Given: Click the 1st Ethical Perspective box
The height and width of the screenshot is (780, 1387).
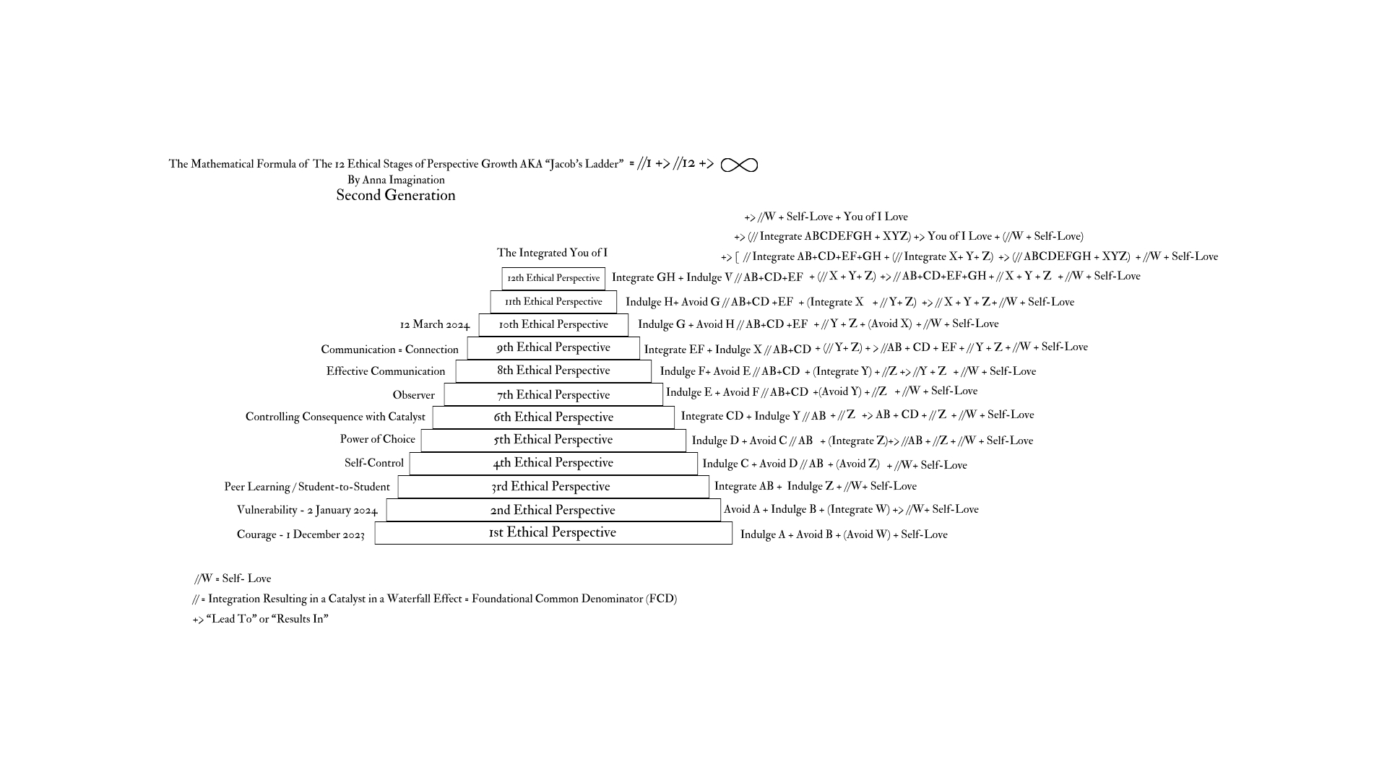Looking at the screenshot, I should [x=553, y=533].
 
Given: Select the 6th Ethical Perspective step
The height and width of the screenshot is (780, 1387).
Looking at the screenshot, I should [x=553, y=417].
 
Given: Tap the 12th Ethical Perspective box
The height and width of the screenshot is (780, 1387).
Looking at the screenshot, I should [x=553, y=278].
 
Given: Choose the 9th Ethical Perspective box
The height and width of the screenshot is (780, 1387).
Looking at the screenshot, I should [x=553, y=347].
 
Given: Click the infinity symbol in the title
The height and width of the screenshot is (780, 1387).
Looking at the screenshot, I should [x=739, y=165].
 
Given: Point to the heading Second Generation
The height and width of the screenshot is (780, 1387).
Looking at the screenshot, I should [x=396, y=196].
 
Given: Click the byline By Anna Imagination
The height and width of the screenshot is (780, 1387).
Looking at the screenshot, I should [x=396, y=180].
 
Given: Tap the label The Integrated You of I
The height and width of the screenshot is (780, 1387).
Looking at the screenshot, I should [x=552, y=253].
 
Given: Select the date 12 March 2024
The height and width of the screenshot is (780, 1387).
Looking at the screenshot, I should [x=435, y=325].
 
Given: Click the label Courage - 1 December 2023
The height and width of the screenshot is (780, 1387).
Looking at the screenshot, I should [x=301, y=534].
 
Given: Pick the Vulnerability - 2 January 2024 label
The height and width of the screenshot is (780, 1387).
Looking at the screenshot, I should [x=307, y=511].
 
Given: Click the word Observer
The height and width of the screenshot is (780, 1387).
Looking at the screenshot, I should [x=413, y=395].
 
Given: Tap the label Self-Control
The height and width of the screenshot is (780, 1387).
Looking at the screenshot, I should [x=374, y=463].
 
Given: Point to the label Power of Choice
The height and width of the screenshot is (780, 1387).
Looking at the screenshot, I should [x=378, y=439].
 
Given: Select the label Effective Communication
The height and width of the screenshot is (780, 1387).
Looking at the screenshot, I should [x=386, y=371].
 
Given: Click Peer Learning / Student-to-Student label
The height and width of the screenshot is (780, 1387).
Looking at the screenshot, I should [x=307, y=487].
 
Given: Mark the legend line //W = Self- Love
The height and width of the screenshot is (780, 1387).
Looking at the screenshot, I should [x=233, y=578].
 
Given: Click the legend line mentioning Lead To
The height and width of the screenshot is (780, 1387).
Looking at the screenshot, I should [x=260, y=619].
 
